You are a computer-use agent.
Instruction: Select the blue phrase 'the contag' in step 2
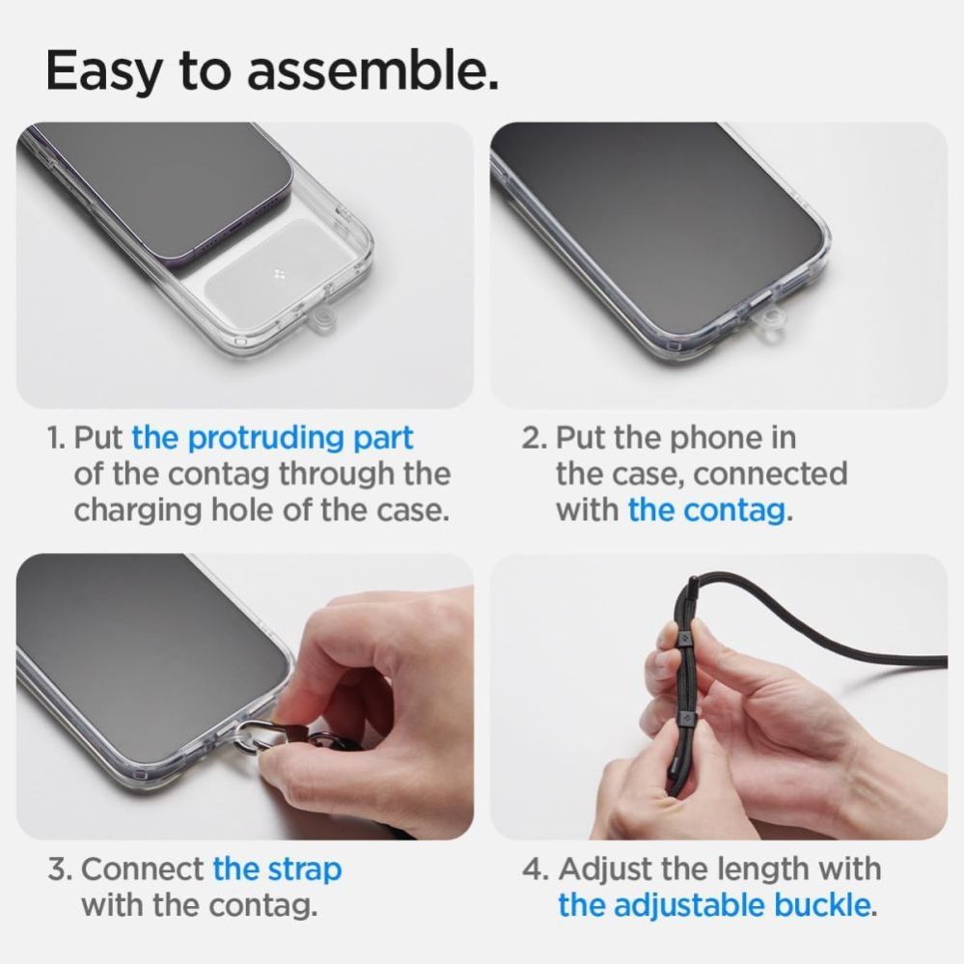(706, 510)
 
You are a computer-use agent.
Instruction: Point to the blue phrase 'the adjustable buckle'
(714, 905)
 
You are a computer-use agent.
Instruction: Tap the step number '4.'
(535, 868)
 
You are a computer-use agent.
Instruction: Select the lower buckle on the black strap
(688, 718)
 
